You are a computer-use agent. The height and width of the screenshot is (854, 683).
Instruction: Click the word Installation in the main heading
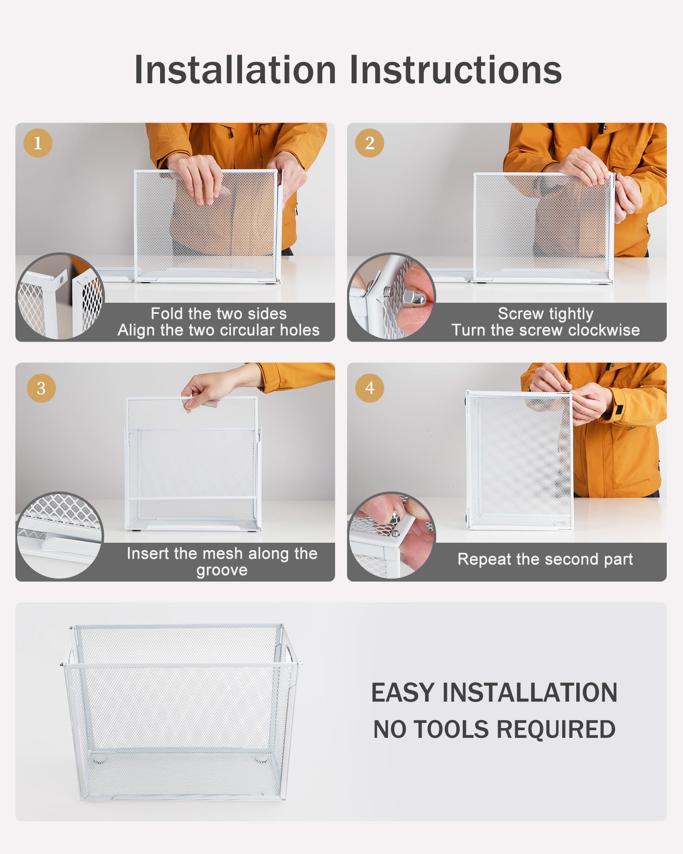235,70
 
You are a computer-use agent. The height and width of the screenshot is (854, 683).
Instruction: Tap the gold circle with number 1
38,143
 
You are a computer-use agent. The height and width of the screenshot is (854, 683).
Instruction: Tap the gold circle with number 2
370,143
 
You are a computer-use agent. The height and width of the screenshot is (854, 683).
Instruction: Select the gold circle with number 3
41,388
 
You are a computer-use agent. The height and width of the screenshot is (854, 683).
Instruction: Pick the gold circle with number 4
370,388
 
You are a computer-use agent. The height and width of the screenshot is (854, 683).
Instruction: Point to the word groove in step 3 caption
222,570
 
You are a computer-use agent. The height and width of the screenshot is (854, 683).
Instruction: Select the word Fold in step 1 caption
164,314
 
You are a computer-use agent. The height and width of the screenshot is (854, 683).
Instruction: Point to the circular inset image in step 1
60,296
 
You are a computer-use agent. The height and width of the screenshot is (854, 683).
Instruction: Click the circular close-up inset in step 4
391,535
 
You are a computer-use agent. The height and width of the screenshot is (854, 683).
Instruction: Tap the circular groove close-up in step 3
60,535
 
